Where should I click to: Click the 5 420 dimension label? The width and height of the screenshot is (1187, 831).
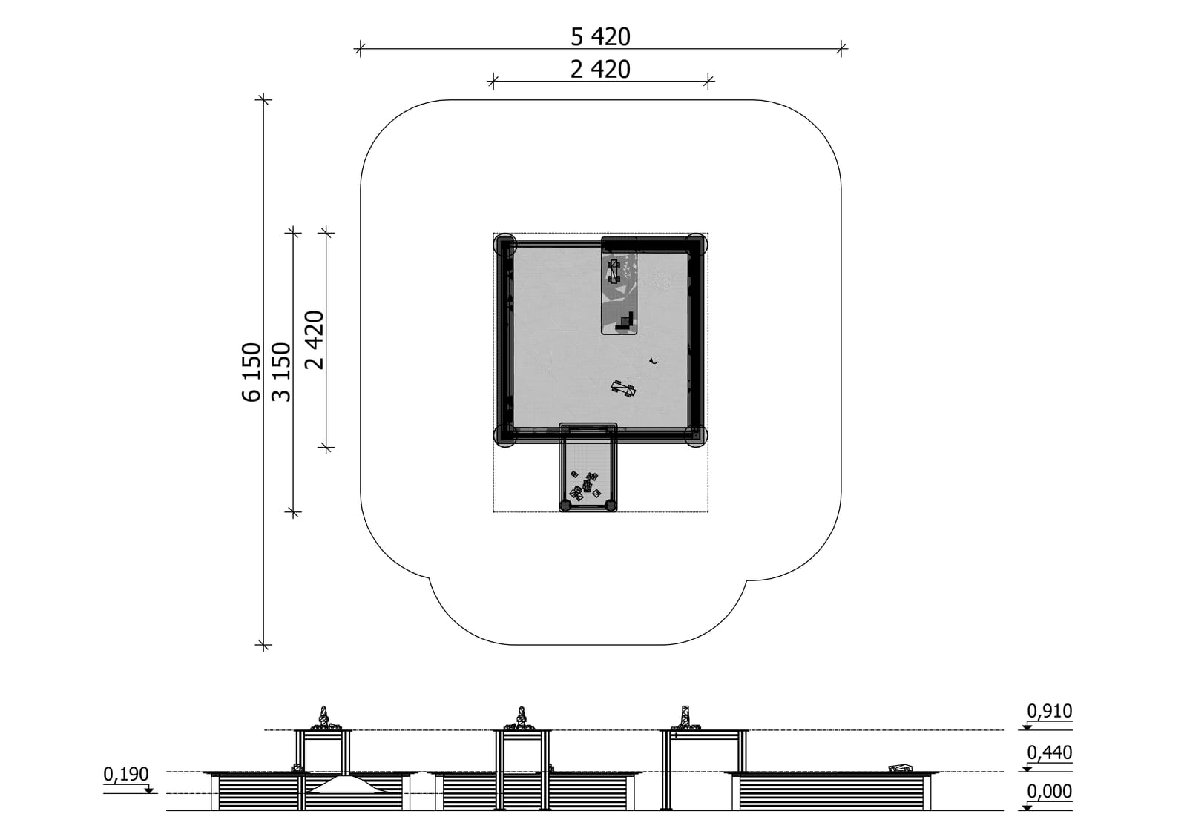coord(600,37)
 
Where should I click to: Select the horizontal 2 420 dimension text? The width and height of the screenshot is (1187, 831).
coord(600,70)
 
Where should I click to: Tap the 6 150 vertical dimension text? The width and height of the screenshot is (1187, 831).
coord(252,372)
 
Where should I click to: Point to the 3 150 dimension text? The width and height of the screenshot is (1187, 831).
coord(281,372)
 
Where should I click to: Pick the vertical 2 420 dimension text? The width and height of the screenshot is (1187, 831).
coord(315,340)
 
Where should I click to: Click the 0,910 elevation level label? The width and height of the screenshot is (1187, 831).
coord(1049,711)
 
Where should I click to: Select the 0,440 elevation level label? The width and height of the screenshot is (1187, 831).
coord(1049,752)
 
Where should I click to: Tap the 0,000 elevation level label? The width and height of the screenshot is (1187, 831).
coord(1049,791)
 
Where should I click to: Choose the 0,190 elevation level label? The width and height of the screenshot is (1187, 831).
coord(125,775)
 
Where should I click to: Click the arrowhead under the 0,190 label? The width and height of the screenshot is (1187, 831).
coord(149,790)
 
